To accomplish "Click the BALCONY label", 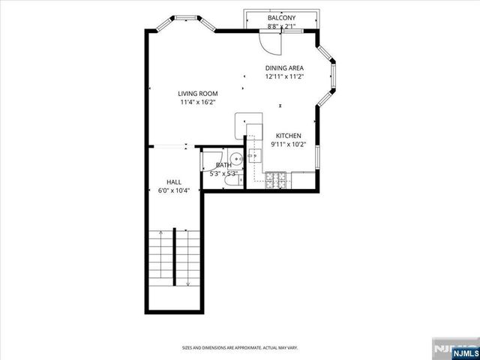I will click(x=281, y=18).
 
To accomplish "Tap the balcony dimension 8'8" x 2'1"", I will click(x=281, y=26).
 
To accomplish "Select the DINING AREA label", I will click(x=283, y=67).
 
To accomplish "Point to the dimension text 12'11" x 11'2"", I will click(x=283, y=76).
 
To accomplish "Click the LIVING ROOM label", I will click(x=197, y=94).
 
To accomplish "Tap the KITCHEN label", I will click(x=289, y=136).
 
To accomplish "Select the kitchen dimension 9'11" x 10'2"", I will click(x=289, y=144).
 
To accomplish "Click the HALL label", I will click(x=173, y=182).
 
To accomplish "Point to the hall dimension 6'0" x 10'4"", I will click(x=173, y=190).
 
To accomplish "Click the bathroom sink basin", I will click(x=235, y=158).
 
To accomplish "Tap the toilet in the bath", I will click(x=231, y=180).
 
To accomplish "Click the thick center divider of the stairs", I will click(x=175, y=254).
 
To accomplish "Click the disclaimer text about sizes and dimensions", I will click(x=239, y=348).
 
